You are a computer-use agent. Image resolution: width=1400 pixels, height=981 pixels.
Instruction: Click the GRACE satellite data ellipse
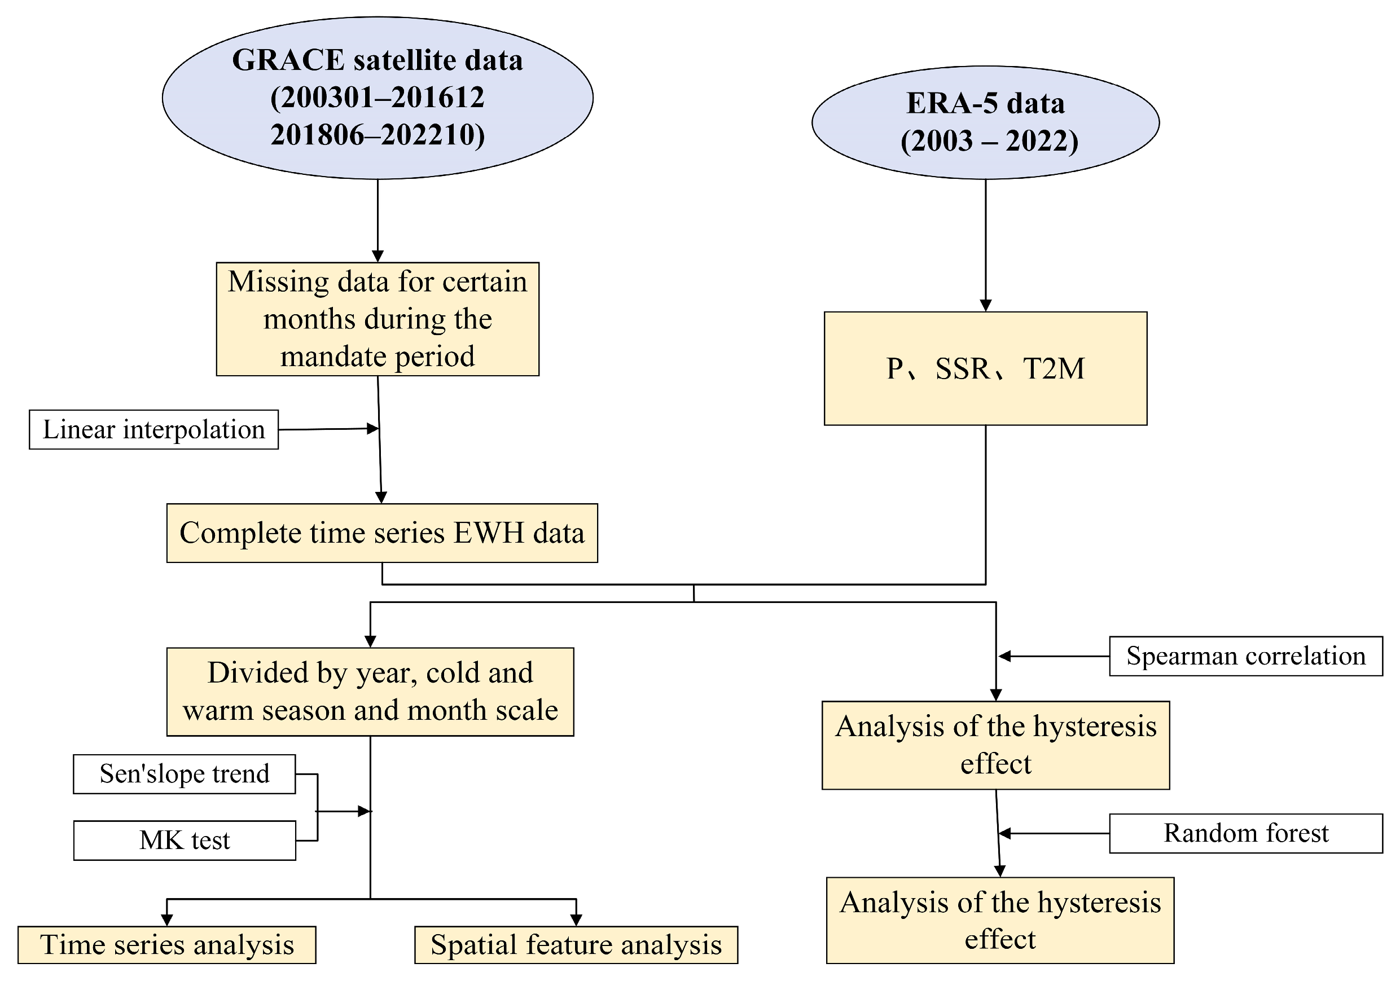[378, 98]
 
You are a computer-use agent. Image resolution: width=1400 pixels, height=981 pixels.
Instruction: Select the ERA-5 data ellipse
[985, 122]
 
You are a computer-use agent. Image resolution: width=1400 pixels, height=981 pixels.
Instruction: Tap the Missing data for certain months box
[378, 319]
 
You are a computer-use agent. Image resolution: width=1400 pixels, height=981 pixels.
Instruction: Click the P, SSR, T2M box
[985, 368]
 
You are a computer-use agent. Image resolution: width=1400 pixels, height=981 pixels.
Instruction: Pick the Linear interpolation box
[153, 430]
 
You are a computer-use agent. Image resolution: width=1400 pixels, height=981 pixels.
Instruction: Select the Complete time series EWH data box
[381, 533]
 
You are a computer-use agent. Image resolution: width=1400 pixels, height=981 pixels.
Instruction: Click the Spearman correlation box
[1246, 656]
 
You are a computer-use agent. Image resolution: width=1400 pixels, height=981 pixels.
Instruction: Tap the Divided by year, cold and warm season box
[370, 692]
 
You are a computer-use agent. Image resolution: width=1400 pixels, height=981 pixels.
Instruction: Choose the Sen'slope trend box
[184, 774]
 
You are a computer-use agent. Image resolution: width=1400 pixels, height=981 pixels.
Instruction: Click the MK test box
[185, 840]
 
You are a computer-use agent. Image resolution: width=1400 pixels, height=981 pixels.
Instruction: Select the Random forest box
[1246, 833]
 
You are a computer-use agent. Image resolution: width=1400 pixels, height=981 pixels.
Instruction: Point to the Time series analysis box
[166, 944]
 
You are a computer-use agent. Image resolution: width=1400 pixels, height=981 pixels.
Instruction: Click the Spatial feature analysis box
[576, 944]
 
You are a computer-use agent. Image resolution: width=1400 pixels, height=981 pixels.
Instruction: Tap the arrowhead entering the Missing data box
[378, 256]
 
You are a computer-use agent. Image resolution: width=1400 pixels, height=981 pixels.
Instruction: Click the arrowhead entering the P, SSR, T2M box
[985, 305]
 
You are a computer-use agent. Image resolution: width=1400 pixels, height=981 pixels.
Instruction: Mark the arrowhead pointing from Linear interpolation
[372, 429]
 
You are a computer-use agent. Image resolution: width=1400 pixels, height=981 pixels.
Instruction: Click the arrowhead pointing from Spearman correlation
[1004, 656]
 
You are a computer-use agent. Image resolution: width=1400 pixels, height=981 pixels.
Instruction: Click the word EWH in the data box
[489, 533]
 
